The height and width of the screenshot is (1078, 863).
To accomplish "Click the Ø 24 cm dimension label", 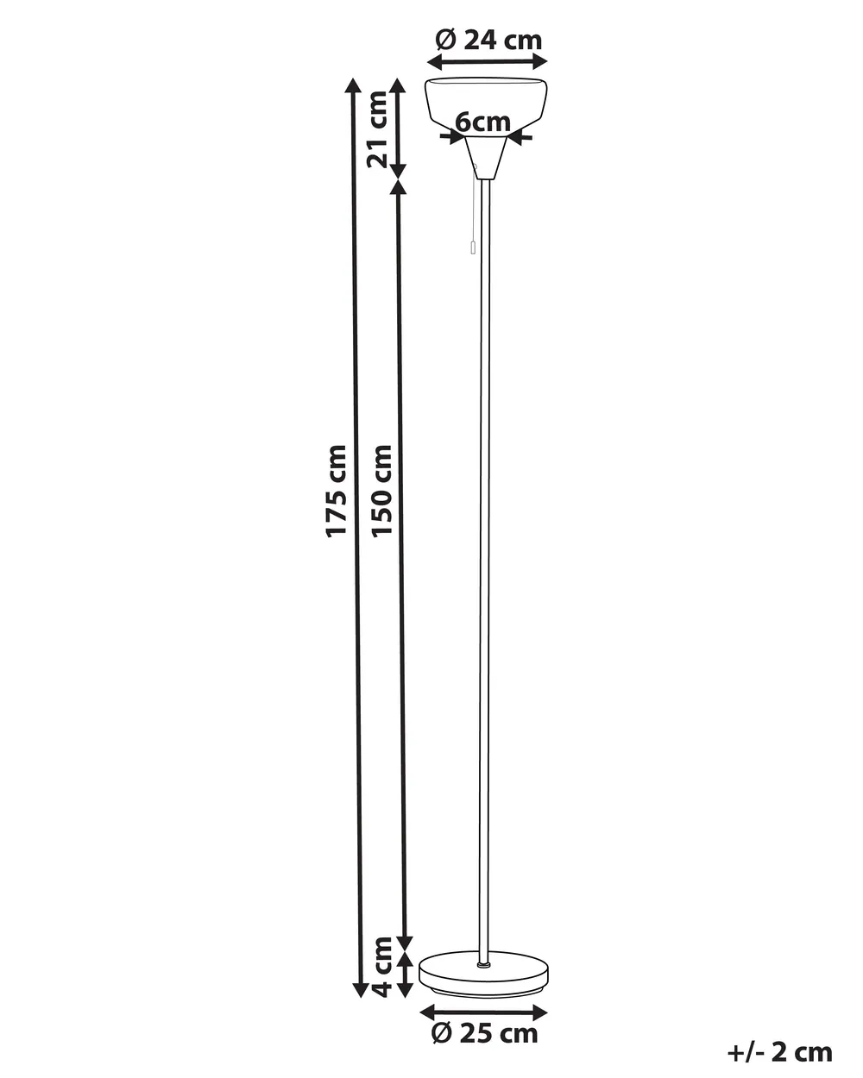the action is (488, 41).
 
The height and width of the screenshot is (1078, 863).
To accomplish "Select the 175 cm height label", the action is (336, 492).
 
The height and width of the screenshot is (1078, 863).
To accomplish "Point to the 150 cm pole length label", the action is (381, 492).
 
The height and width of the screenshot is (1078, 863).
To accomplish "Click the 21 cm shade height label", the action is (378, 129).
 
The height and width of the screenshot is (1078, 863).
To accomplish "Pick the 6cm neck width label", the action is (482, 122).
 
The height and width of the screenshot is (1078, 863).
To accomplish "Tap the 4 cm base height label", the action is (382, 966).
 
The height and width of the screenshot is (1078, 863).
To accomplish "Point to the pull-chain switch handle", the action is (472, 246).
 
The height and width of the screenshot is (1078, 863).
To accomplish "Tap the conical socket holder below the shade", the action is (485, 158).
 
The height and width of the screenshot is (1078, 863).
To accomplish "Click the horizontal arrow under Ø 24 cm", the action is (487, 62).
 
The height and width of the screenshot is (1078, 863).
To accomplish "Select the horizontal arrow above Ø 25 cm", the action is (483, 1012).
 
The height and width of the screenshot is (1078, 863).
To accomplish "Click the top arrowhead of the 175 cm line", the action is (353, 85).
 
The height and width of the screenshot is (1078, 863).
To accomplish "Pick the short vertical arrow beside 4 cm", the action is (405, 975).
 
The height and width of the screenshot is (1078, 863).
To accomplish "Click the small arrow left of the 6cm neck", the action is (451, 136).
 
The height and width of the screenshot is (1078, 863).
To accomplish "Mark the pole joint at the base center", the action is (483, 964).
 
